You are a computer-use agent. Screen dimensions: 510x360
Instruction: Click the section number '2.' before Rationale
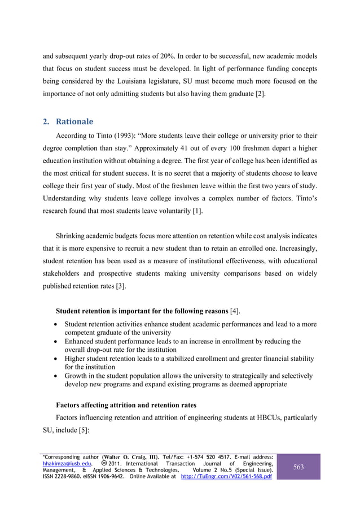pos(48,121)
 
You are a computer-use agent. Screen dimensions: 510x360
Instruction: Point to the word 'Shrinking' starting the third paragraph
pos(72,234)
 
